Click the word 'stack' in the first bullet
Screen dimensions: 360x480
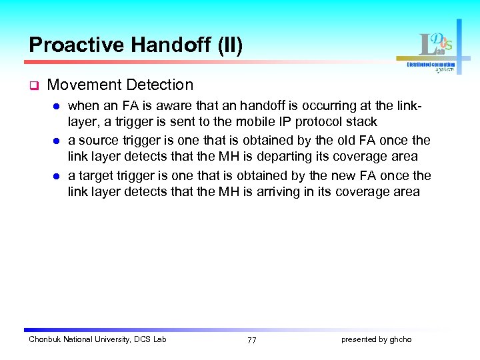click(362, 121)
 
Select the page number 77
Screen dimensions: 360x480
click(251, 340)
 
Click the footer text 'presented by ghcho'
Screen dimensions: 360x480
click(376, 339)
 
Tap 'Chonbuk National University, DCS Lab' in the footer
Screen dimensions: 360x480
click(97, 339)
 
